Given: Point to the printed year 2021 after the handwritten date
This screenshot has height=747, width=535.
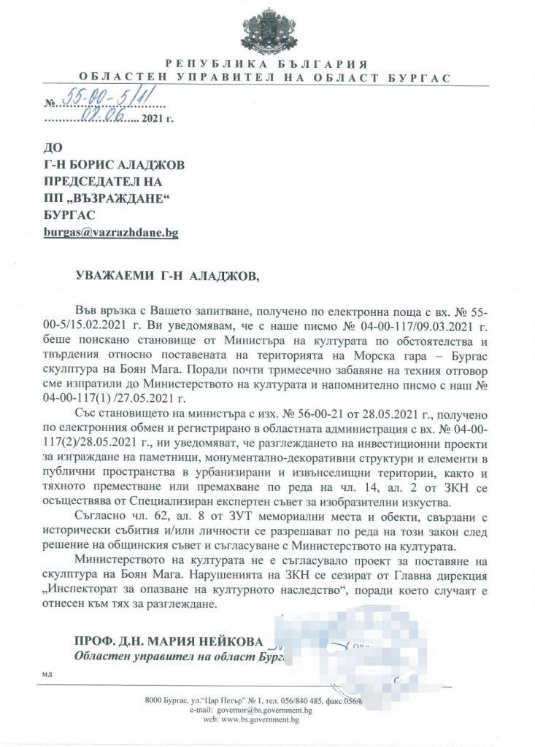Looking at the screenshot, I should pos(153,117).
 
